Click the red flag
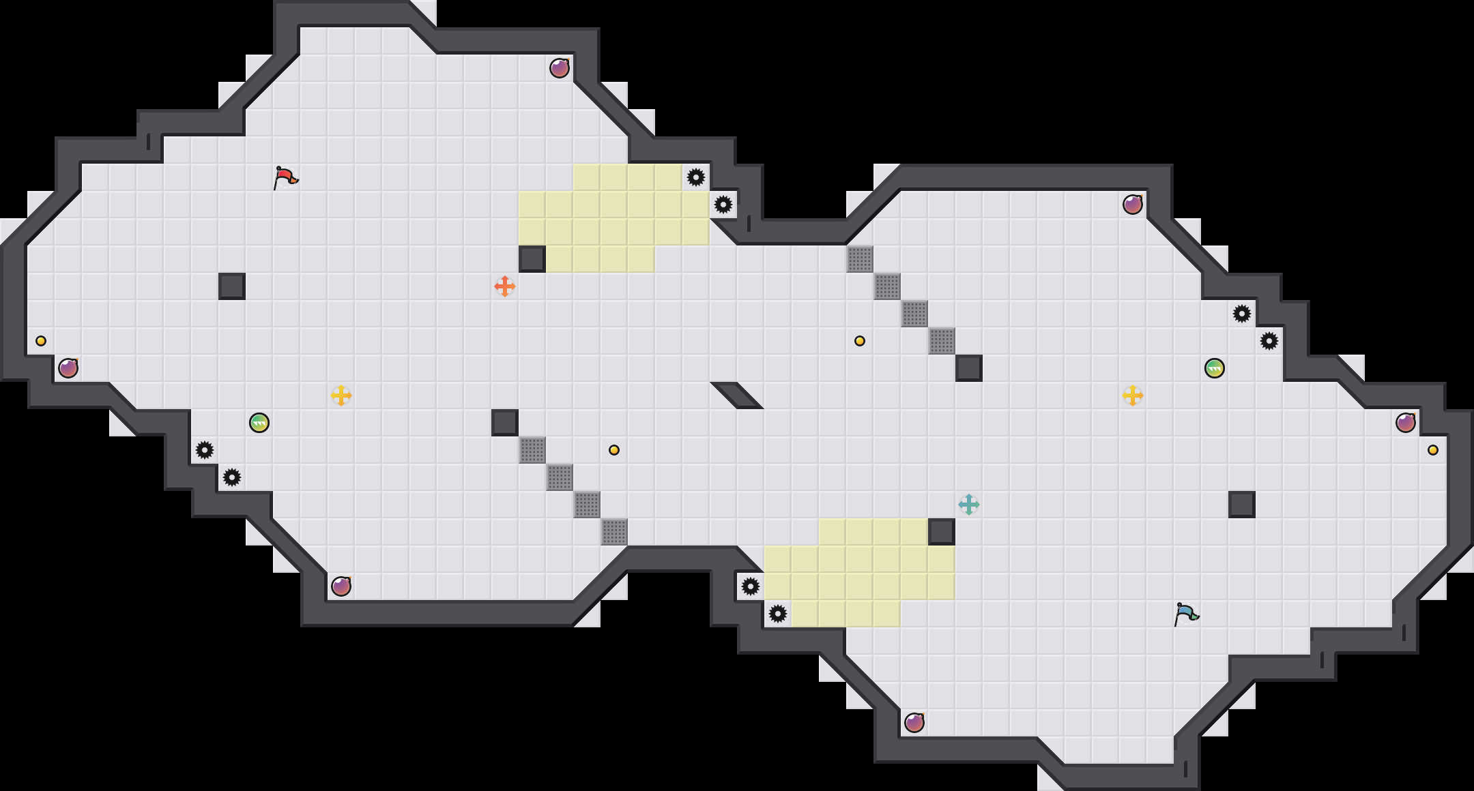point(285,177)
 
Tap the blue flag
point(1186,614)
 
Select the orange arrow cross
point(505,286)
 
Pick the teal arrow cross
point(969,505)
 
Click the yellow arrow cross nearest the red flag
point(341,395)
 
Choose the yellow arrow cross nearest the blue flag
point(1133,395)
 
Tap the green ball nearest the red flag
point(259,423)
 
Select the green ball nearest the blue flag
point(1215,368)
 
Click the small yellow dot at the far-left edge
point(41,341)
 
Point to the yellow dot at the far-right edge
point(1433,450)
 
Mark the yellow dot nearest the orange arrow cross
point(614,450)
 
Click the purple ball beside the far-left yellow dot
point(68,368)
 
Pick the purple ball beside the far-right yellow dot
point(1406,423)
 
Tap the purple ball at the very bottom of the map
point(914,723)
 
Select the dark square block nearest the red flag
point(232,286)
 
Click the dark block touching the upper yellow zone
point(532,259)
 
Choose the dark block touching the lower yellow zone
point(942,532)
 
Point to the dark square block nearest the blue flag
point(1242,505)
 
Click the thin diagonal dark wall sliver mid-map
point(737,395)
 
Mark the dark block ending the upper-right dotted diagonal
point(969,368)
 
